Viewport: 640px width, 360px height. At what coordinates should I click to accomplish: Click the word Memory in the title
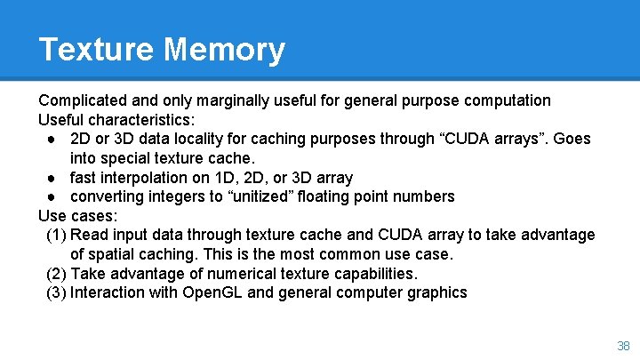pyautogui.click(x=224, y=49)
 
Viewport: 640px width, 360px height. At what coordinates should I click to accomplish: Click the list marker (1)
pyautogui.click(x=55, y=235)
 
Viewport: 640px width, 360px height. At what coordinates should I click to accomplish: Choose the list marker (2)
pyautogui.click(x=55, y=274)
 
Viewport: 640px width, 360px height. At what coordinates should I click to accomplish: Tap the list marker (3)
pyautogui.click(x=55, y=292)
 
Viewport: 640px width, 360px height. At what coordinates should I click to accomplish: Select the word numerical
pyautogui.click(x=222, y=274)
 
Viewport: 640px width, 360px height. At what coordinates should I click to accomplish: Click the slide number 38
pyautogui.click(x=622, y=346)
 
